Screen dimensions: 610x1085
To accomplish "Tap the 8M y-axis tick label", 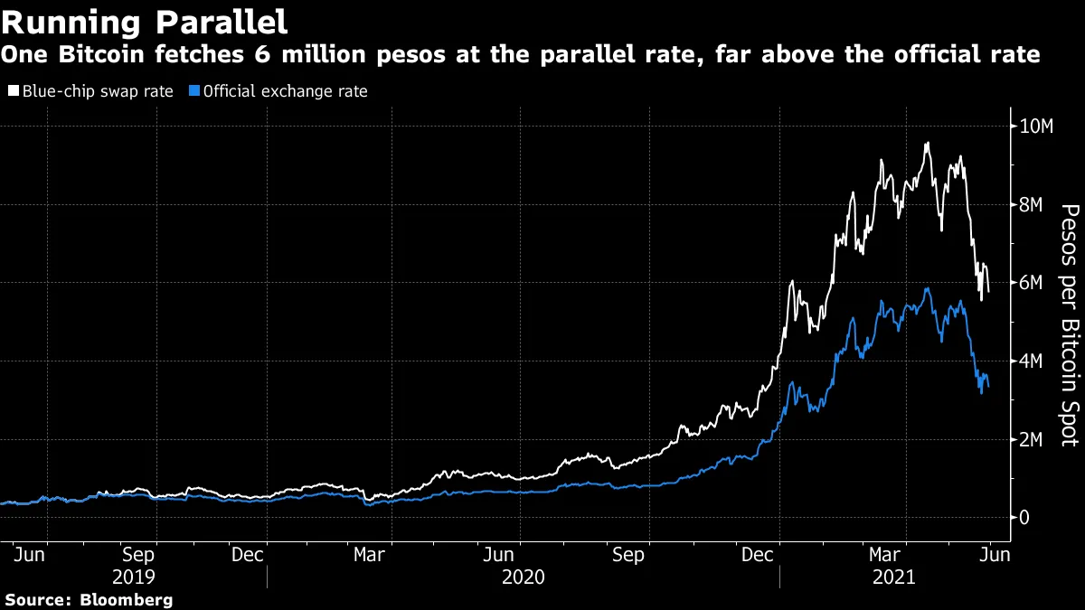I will click(1031, 205).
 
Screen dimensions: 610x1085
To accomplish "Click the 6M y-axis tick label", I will click(1031, 283).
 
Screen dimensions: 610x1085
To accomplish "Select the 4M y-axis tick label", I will click(1031, 361).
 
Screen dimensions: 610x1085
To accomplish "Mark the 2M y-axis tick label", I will click(1031, 439).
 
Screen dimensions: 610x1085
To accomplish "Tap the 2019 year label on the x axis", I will click(134, 577).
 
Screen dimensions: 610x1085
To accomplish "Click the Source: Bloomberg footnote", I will click(89, 599).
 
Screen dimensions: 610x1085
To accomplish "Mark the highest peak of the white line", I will click(927, 143).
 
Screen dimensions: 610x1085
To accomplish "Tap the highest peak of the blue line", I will click(927, 288).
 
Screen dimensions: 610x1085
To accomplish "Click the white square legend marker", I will click(13, 91).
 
